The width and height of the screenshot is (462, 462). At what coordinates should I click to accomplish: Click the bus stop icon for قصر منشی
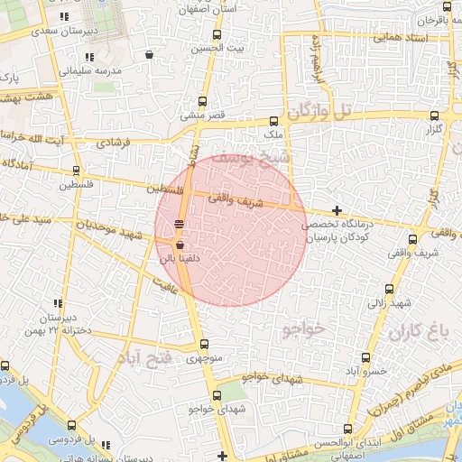click(202, 101)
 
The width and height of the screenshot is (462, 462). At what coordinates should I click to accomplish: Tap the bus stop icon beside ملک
click(274, 121)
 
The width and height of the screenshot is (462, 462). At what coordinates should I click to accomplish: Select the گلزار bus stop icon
click(435, 115)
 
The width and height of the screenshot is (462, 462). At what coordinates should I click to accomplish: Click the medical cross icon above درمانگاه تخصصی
click(337, 210)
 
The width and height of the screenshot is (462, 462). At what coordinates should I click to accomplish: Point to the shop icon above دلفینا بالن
click(180, 245)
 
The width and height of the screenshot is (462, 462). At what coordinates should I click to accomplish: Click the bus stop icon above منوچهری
click(204, 344)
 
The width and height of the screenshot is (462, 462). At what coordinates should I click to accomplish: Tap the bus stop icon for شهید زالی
click(390, 290)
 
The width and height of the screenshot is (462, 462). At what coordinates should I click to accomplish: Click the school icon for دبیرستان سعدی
click(62, 17)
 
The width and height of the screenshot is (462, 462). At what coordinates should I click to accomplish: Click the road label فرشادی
click(113, 142)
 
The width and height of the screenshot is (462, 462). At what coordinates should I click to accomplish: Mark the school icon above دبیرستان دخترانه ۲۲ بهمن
click(59, 304)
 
